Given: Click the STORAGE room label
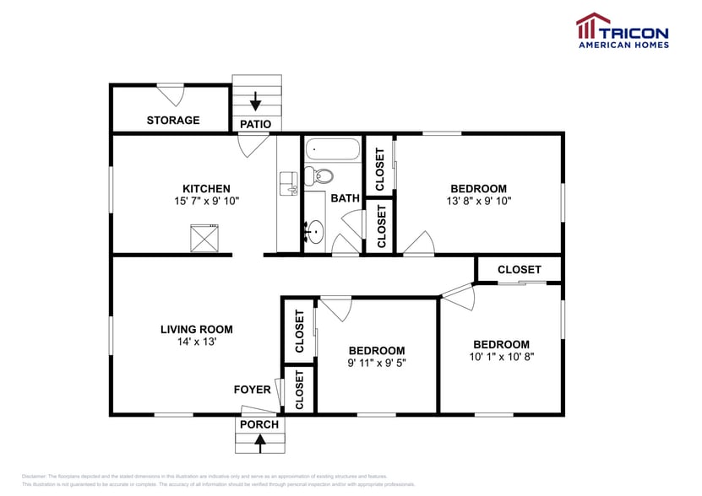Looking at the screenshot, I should (172, 120).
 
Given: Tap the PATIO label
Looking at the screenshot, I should (255, 124).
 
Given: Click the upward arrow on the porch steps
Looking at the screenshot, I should (259, 439).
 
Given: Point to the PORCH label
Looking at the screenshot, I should (258, 424).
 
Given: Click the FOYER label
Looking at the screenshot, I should (252, 390).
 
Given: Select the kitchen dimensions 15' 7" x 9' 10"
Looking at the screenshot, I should (207, 202).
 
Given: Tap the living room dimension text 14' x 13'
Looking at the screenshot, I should (196, 342).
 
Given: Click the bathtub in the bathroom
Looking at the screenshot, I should (333, 151).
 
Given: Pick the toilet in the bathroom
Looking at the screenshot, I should (318, 175).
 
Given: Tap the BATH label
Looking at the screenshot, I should (345, 198).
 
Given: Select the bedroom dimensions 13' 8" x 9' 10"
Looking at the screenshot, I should (478, 202).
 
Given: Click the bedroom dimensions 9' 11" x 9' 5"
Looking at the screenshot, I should (377, 364).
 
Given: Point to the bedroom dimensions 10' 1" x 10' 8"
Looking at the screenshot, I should (501, 357).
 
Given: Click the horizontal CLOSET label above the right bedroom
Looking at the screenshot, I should (519, 269).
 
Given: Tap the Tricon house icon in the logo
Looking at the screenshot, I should (593, 25).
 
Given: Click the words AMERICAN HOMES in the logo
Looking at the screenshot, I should (623, 44).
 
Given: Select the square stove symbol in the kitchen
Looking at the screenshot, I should (204, 237).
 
